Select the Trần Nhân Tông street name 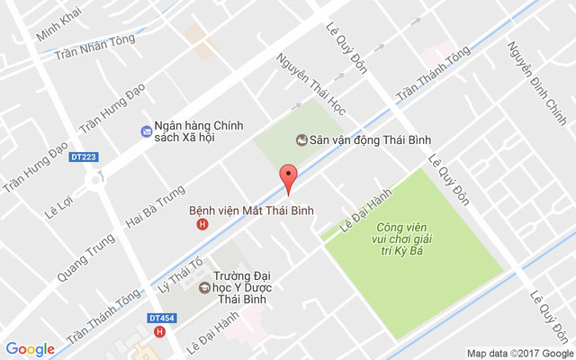pos(94,47)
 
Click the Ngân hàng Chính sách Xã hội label pos(204,131)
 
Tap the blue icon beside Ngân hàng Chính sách pos(146,131)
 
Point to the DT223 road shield pos(83,157)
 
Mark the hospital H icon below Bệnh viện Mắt pos(202,224)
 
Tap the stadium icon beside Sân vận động pos(300,139)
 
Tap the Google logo pos(31,349)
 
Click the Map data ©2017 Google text pos(517,353)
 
